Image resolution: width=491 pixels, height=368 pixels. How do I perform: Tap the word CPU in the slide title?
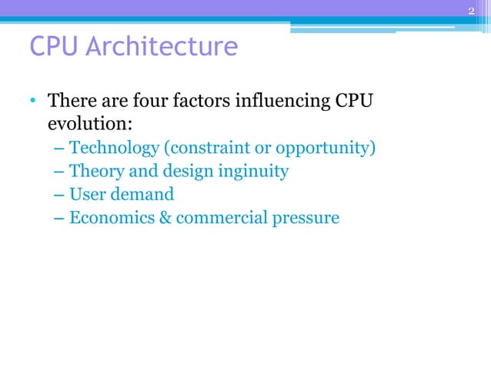(53, 47)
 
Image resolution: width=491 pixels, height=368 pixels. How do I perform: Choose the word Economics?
(108, 218)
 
